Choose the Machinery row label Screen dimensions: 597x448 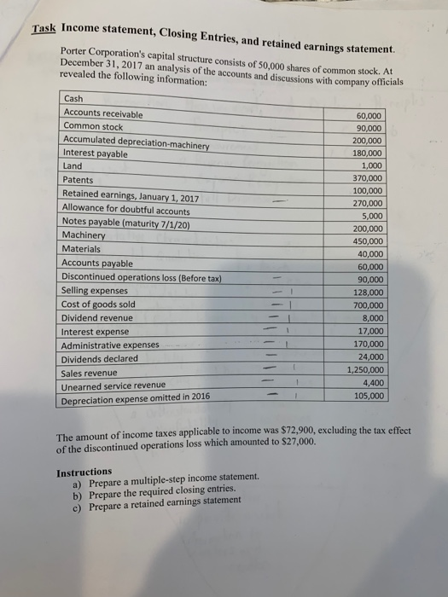point(85,235)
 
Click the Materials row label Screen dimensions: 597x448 point(83,248)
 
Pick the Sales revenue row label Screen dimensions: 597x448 point(90,372)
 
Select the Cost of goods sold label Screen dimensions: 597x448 point(98,304)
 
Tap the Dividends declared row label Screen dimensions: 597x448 point(99,358)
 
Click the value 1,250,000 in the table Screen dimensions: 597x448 point(366,370)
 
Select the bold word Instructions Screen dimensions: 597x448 point(84,472)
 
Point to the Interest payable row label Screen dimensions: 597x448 point(95,154)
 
